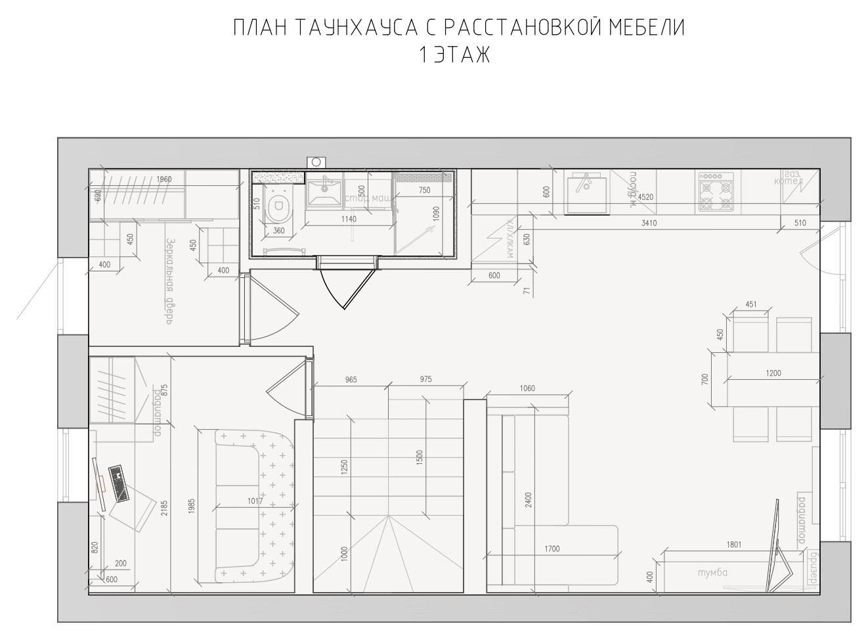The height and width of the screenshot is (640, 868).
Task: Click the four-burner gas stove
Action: pos(716,191)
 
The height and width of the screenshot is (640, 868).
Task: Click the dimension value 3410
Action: pos(649,223)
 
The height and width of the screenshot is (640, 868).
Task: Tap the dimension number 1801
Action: pos(735,544)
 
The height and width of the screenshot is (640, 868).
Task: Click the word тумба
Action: pos(713,572)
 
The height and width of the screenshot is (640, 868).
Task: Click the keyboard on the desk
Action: pos(119,483)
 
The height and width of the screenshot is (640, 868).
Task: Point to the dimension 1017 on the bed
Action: pos(255,501)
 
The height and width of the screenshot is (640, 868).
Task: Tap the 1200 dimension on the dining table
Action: pos(773,373)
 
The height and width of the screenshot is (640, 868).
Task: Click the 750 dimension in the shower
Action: pos(424,190)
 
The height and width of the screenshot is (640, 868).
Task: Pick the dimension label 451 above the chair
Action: pos(750,304)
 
